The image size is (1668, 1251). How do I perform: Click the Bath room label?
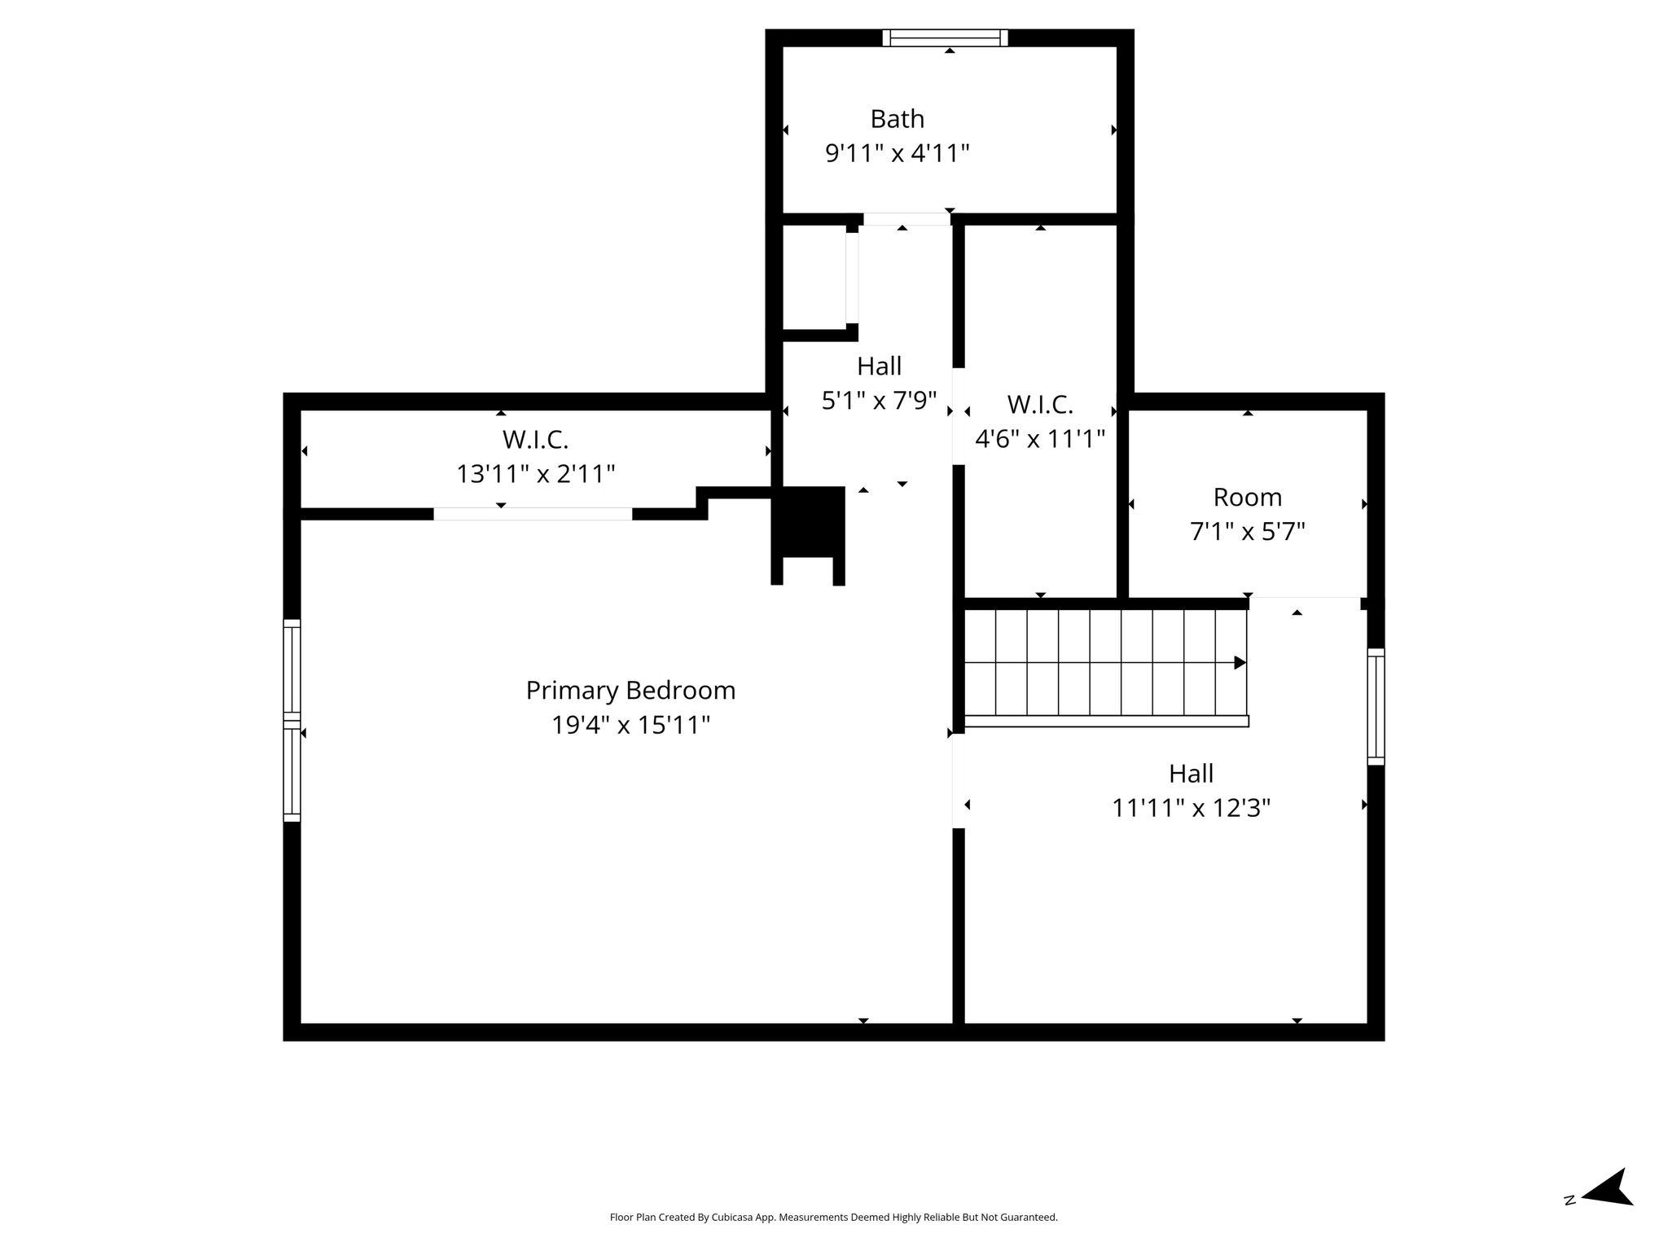click(897, 119)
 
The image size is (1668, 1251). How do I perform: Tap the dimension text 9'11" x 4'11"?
click(897, 153)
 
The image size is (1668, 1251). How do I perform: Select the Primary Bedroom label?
click(630, 691)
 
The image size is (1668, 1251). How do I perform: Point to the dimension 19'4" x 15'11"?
click(630, 725)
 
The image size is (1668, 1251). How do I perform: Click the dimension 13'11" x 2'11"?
click(535, 474)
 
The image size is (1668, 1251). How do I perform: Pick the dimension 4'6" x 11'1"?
click(1040, 439)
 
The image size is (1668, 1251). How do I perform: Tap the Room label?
click(1247, 497)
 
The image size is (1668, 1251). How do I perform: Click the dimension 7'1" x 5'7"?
click(1247, 531)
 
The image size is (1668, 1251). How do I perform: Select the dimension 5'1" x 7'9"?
click(879, 400)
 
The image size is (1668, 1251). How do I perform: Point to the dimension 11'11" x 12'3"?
click(1191, 808)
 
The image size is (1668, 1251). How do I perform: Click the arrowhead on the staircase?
click(1240, 662)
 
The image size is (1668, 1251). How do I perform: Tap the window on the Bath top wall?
click(945, 37)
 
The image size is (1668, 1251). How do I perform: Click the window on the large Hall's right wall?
click(1376, 706)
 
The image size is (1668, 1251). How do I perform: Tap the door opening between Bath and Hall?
click(906, 219)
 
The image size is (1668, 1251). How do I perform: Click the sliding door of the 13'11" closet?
click(533, 514)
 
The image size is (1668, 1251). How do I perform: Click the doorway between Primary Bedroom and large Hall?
click(959, 780)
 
